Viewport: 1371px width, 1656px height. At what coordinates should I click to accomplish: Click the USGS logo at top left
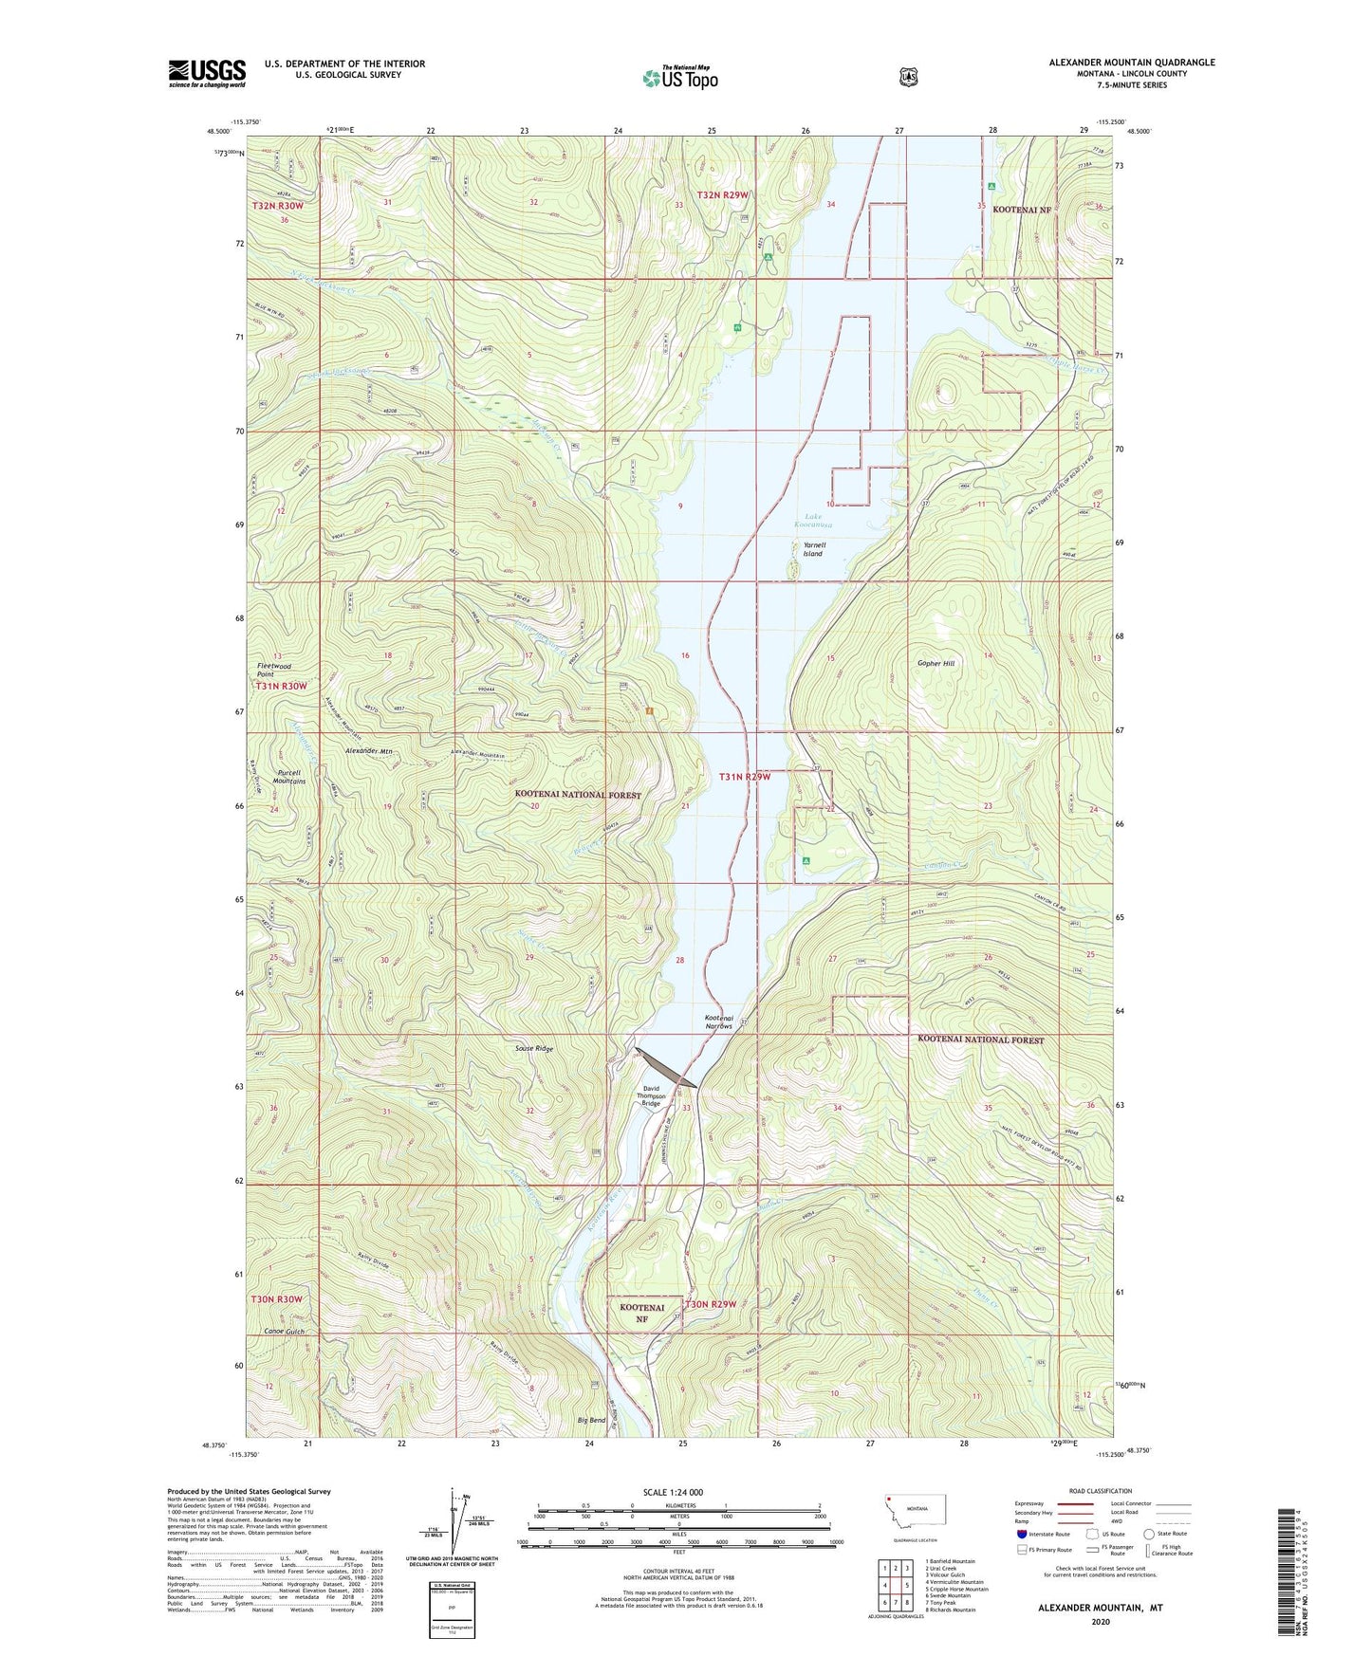[x=207, y=73]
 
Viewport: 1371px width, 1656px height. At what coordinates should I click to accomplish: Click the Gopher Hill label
[x=936, y=663]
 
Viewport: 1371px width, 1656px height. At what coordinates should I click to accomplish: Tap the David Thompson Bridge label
[x=651, y=1095]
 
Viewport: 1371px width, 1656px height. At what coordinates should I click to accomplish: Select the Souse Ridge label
[x=533, y=1049]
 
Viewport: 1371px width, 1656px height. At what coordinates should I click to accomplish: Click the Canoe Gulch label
[x=285, y=1332]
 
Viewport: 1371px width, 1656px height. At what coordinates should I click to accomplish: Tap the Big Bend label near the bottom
[x=591, y=1420]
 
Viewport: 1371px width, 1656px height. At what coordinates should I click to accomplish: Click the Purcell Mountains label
[x=289, y=776]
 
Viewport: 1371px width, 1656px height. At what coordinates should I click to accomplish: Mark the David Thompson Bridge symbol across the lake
[x=667, y=1067]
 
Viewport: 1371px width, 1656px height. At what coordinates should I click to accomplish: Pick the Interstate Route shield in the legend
[x=1021, y=1534]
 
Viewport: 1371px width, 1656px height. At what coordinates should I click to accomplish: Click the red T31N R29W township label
[x=744, y=777]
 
